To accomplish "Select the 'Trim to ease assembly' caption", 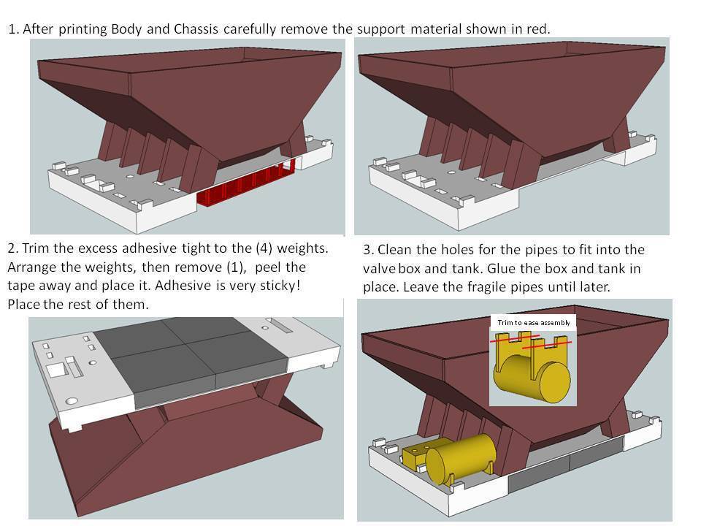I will pyautogui.click(x=532, y=323).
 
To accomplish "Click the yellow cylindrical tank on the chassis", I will pyautogui.click(x=460, y=457).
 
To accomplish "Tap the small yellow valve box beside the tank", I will pyautogui.click(x=415, y=454).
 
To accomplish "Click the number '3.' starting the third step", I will pyautogui.click(x=369, y=249).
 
